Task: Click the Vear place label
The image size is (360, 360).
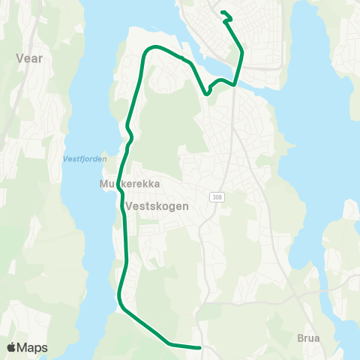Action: pyautogui.click(x=29, y=57)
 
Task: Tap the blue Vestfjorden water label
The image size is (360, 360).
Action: pyautogui.click(x=85, y=158)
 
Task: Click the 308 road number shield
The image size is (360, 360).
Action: pyautogui.click(x=217, y=197)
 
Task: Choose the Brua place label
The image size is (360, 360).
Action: pyautogui.click(x=307, y=338)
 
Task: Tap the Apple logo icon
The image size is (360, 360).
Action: pyautogui.click(x=12, y=347)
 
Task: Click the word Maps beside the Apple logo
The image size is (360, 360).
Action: pyautogui.click(x=32, y=347)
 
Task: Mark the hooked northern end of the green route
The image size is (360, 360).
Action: pyautogui.click(x=223, y=12)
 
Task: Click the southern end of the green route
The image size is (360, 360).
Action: pyautogui.click(x=200, y=347)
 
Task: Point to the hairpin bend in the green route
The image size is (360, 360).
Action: pyautogui.click(x=208, y=93)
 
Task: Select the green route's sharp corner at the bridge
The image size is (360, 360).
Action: pyautogui.click(x=235, y=84)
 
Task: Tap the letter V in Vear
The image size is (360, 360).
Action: pyautogui.click(x=19, y=57)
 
